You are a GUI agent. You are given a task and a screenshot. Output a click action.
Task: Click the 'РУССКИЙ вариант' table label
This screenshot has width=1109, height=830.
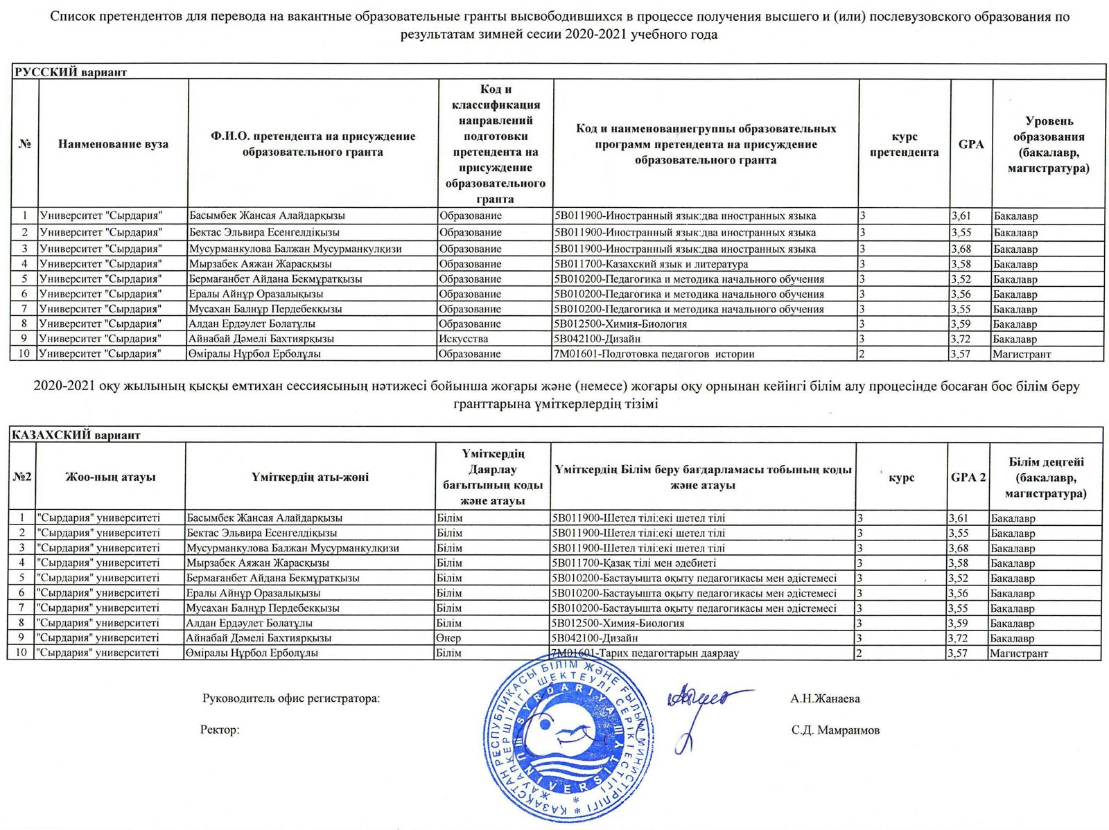point(71,72)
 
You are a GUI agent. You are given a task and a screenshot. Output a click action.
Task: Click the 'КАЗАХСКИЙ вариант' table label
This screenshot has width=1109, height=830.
point(76,435)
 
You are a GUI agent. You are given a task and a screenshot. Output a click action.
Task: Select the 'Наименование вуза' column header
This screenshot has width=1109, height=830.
point(113,144)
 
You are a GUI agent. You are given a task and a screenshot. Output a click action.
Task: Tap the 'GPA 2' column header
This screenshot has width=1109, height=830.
point(968,477)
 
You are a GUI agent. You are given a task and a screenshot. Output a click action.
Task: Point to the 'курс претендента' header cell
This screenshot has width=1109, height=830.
point(904,145)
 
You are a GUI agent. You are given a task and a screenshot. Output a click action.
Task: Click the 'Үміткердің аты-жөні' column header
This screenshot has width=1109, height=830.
point(310,477)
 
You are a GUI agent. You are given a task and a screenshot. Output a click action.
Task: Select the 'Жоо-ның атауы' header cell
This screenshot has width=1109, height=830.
point(110,477)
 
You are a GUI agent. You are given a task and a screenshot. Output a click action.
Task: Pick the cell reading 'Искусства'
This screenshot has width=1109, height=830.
point(464,339)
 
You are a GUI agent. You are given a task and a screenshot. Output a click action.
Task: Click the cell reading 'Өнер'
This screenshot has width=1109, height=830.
point(449,637)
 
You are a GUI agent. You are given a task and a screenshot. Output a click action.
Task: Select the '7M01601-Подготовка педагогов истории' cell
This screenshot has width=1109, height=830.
point(654,354)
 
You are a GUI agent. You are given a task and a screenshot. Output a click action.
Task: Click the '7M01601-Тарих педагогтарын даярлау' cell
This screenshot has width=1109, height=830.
point(645,653)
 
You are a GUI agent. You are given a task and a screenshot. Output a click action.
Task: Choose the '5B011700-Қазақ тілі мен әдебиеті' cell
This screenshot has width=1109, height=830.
point(634,563)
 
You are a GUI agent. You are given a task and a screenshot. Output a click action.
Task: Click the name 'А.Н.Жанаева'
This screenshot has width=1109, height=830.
point(825,698)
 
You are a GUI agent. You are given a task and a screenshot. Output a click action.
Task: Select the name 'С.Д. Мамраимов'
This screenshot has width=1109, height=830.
point(835,730)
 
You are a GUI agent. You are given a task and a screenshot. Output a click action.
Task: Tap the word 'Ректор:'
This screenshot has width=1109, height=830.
point(220,730)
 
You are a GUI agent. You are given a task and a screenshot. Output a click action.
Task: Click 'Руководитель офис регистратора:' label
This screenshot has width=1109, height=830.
point(291,698)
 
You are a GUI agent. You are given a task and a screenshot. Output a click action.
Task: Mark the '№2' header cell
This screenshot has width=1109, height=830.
point(22,477)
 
